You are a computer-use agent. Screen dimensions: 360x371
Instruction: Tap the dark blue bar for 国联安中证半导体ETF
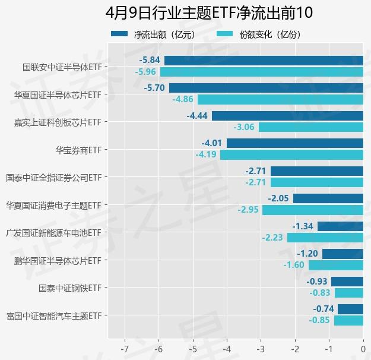click(x=264, y=60)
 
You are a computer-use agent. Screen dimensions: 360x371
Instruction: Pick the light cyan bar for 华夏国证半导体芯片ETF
click(x=280, y=99)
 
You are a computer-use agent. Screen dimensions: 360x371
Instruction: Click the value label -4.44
click(x=197, y=116)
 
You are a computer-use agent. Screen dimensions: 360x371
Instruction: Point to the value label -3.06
click(x=244, y=127)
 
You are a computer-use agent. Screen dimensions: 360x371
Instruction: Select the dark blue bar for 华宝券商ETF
click(x=295, y=143)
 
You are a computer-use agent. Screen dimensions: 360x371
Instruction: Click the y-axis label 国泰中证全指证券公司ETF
click(x=53, y=177)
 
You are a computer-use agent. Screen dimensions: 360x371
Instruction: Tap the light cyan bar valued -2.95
click(x=313, y=210)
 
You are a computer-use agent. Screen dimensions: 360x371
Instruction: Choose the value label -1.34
click(x=303, y=226)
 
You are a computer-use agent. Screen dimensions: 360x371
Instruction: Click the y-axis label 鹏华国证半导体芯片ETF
click(x=58, y=260)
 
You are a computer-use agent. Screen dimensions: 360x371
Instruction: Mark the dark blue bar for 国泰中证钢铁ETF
click(x=347, y=282)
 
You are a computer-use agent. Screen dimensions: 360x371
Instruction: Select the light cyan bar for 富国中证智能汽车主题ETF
click(x=348, y=320)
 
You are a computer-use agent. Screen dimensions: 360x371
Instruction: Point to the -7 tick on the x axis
click(x=125, y=348)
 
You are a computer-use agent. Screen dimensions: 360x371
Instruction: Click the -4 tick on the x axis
click(x=227, y=348)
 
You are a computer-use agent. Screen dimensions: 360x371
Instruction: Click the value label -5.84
click(x=150, y=61)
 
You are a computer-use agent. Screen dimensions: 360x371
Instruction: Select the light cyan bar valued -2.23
click(x=325, y=238)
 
